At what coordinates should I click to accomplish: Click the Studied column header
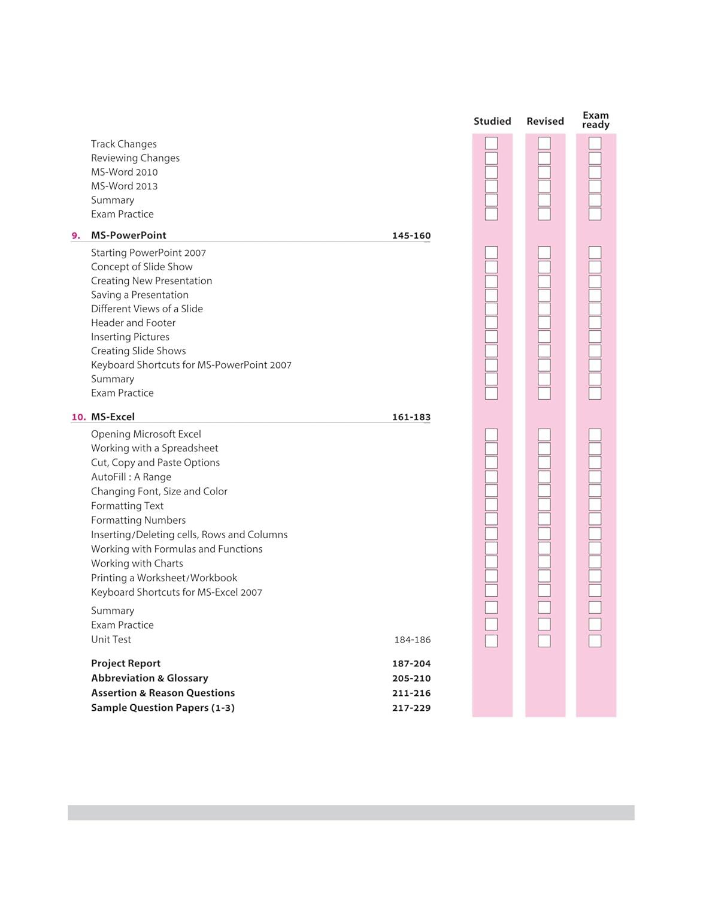coord(492,121)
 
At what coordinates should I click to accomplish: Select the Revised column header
coord(545,121)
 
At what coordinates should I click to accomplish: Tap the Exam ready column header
coord(595,120)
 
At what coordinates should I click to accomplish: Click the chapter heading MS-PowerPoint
coord(129,236)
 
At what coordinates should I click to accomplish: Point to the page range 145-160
coord(411,236)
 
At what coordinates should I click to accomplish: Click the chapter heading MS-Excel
coord(113,417)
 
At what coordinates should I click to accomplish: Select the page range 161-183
coord(411,417)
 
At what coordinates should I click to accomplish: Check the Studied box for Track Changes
coord(491,143)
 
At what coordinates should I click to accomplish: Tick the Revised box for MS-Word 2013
coord(544,186)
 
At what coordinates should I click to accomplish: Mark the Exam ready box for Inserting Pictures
coord(595,337)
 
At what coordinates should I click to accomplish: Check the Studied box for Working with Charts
coord(491,562)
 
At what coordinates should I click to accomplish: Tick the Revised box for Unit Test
coord(544,641)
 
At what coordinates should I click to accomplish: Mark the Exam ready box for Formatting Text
coord(595,505)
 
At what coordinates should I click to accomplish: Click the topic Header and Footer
coord(133,323)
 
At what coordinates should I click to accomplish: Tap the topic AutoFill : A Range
coord(131,477)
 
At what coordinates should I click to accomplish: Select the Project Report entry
coord(126,663)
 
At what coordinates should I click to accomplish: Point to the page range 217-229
coord(411,708)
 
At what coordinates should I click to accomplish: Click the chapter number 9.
coord(76,236)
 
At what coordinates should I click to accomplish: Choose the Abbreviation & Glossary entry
coord(150,678)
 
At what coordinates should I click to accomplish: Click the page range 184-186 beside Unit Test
coord(412,640)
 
